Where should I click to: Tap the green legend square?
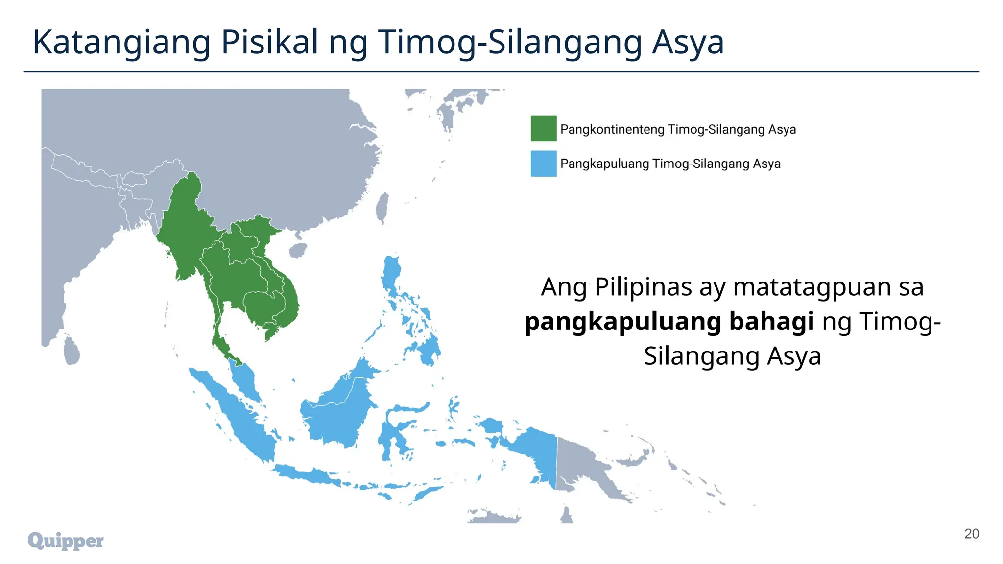point(544,128)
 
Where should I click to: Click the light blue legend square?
point(544,163)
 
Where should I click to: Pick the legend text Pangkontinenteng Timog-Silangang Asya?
point(678,130)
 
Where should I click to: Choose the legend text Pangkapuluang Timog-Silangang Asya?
point(670,164)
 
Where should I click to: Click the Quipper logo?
point(66,540)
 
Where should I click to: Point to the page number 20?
point(971,534)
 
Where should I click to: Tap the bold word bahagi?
point(771,322)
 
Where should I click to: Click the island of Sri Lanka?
point(72,351)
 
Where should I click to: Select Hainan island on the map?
point(298,251)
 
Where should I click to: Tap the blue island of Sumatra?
point(235,416)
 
